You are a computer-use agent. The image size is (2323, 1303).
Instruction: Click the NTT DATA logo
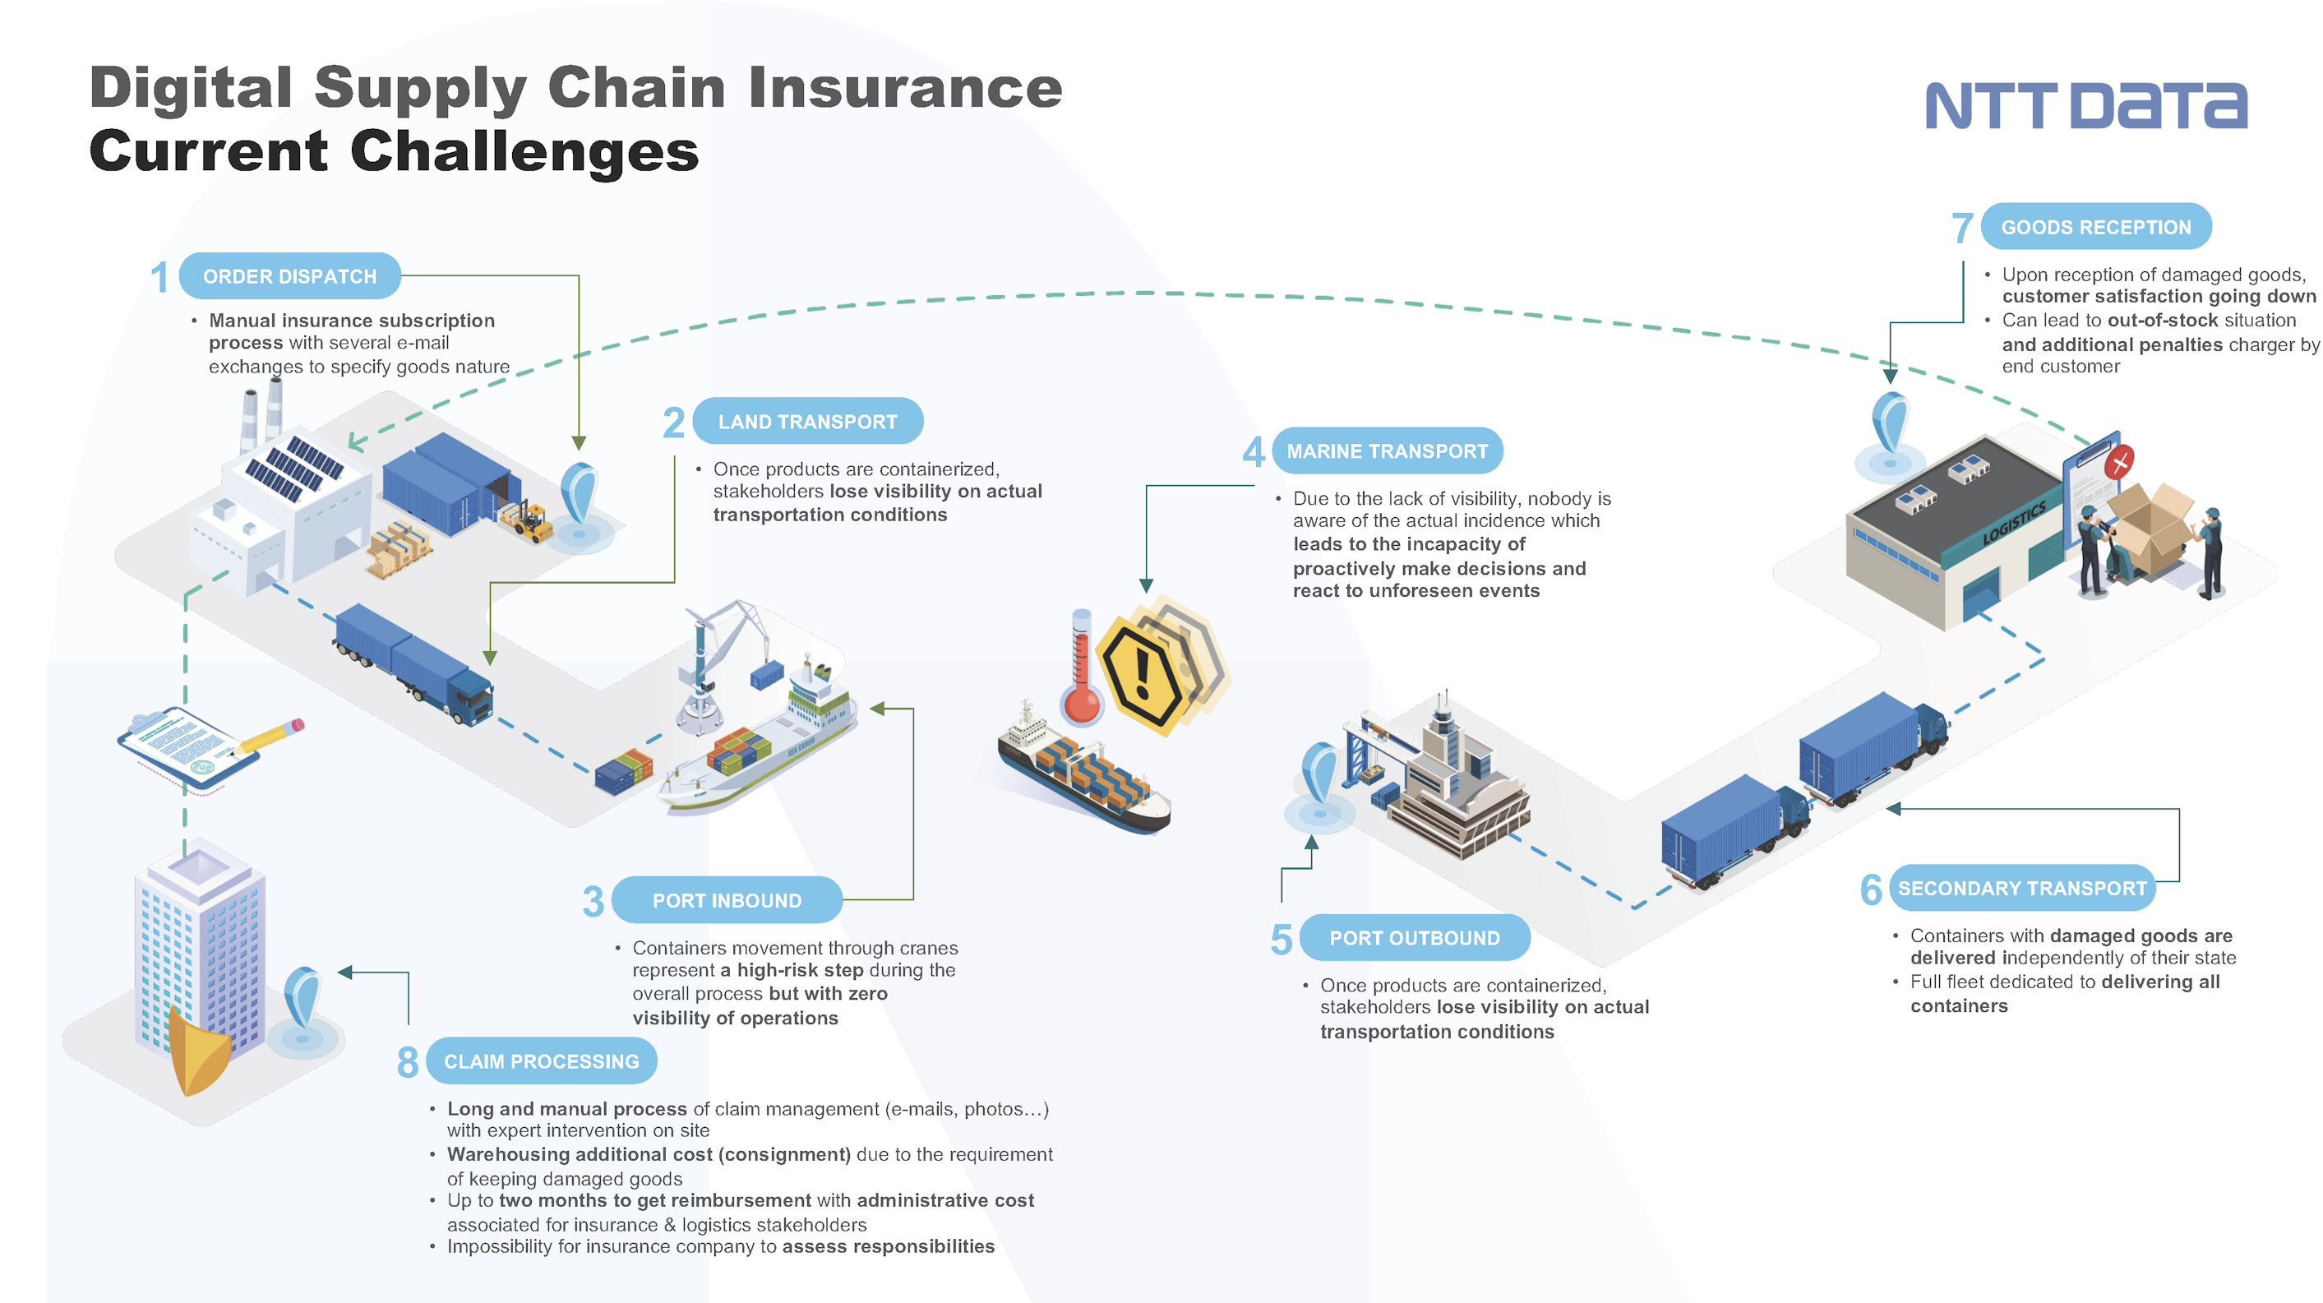tap(2085, 106)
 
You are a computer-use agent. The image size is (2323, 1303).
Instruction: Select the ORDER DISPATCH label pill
tap(289, 276)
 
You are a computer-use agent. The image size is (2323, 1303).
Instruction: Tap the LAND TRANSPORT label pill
tap(807, 421)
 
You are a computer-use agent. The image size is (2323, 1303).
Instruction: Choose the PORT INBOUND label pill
tap(727, 900)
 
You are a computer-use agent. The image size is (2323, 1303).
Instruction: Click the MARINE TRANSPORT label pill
tap(1387, 451)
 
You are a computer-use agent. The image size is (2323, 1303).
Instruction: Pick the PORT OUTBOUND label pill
tap(1414, 938)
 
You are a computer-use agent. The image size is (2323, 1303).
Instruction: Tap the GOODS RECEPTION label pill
tap(2096, 227)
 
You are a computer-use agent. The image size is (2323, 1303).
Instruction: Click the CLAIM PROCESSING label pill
tap(541, 1061)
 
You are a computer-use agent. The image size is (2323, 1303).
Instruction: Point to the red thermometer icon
tap(1081, 672)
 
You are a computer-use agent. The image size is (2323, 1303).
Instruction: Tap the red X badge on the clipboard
tap(2119, 464)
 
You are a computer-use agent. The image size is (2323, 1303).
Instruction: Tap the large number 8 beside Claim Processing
tap(408, 1062)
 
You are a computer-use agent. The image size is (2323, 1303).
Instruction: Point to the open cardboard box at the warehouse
tap(2150, 528)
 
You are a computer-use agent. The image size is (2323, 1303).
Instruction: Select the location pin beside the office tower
tap(302, 1001)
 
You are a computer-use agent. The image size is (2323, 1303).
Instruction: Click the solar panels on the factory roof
tap(295, 467)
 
